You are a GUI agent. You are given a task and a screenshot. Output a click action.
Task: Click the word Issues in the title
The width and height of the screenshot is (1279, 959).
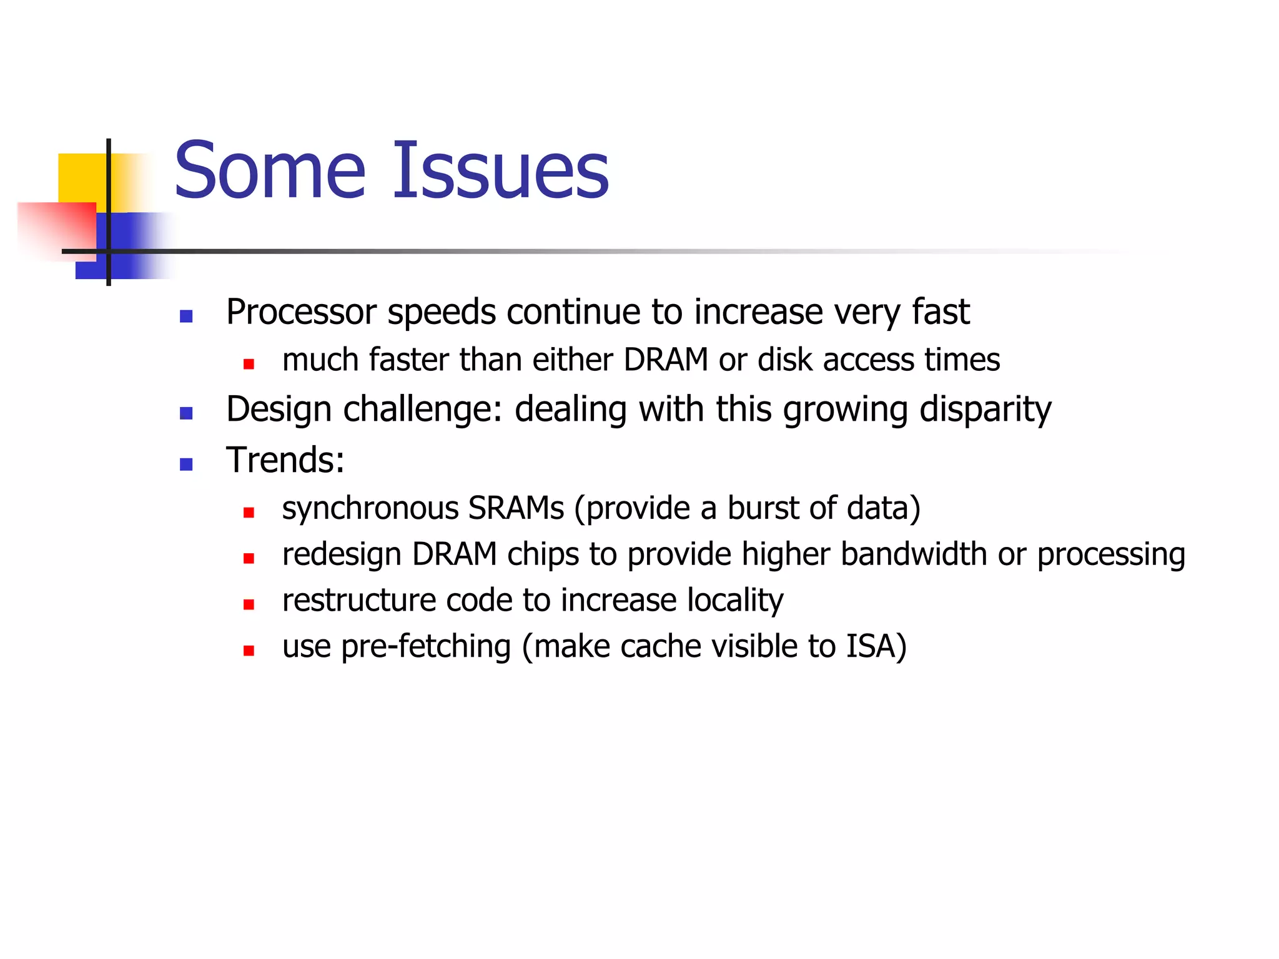tap(500, 170)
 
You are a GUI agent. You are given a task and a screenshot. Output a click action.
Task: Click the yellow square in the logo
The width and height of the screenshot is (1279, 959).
tap(81, 178)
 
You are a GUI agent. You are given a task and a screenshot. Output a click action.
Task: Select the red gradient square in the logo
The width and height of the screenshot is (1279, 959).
tap(56, 230)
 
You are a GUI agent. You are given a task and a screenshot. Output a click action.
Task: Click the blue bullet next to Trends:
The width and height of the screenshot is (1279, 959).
tap(186, 464)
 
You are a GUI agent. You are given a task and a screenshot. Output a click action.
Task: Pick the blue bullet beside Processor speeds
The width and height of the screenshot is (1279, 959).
tap(186, 316)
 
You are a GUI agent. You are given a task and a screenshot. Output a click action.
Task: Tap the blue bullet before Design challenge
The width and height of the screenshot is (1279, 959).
tap(186, 413)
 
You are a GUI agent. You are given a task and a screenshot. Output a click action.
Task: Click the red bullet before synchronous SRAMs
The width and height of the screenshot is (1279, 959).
tap(249, 513)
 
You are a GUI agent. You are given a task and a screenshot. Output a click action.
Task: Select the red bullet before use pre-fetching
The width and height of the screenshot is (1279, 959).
tap(249, 651)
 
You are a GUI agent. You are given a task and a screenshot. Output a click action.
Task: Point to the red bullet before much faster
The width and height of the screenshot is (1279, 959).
tap(249, 364)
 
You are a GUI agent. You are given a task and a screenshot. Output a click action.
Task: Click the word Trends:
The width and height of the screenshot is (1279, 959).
tap(285, 461)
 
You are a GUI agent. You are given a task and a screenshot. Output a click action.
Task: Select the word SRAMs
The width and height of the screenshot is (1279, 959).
tap(516, 508)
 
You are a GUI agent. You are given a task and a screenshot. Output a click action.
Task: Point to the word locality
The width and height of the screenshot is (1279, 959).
tap(735, 601)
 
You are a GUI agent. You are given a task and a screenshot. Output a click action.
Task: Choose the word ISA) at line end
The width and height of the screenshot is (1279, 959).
tap(876, 647)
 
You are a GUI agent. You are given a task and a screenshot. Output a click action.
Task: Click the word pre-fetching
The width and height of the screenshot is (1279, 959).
tap(426, 647)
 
